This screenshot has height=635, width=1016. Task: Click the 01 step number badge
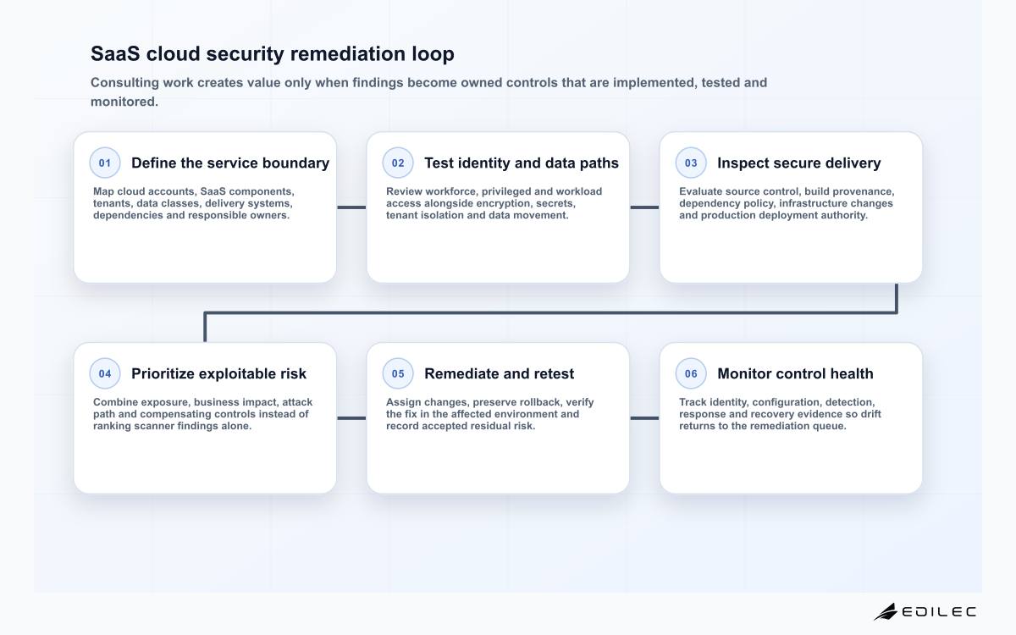pos(105,163)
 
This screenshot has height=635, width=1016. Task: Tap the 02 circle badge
pos(398,163)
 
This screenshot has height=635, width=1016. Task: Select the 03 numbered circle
pos(691,163)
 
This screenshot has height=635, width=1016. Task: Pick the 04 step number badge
pos(105,373)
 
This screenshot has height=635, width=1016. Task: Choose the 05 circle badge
pos(398,373)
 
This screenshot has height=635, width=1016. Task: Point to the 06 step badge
pos(691,373)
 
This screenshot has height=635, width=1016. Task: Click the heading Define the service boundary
pos(230,163)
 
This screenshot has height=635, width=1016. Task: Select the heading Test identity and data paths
pos(522,163)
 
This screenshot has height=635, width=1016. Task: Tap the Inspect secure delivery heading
pos(799,163)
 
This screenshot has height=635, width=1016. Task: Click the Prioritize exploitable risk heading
pos(219,373)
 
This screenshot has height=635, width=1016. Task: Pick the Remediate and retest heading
pos(500,373)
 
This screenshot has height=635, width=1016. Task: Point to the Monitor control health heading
pos(796,373)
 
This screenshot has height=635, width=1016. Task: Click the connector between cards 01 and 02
pos(351,207)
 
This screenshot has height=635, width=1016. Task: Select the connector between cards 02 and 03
pos(644,207)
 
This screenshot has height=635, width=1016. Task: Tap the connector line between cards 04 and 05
pos(351,418)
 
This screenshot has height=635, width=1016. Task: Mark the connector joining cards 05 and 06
pos(644,418)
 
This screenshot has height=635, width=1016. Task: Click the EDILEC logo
pos(925,612)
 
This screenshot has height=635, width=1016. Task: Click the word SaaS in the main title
pos(115,54)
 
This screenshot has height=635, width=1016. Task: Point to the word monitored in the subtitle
pos(123,102)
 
